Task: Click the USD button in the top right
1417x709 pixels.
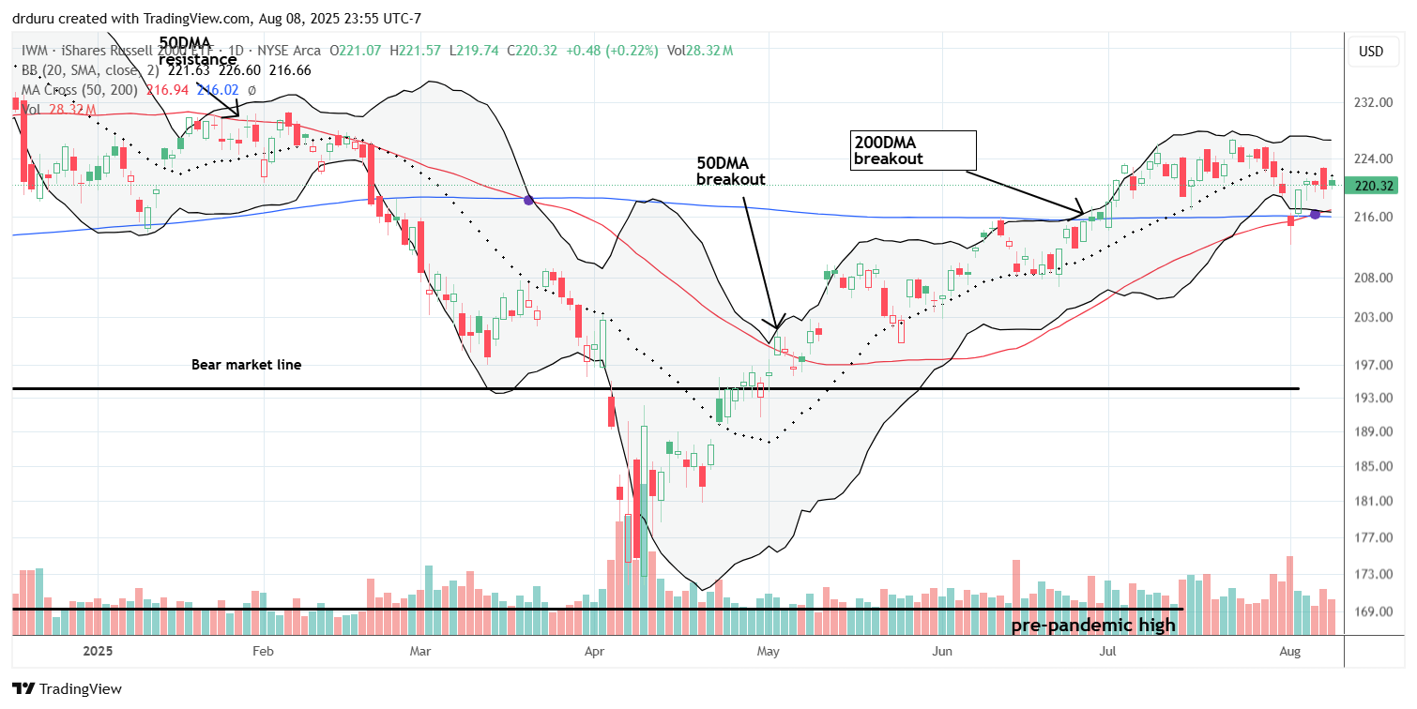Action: tap(1371, 52)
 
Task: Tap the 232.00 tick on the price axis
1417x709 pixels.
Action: tap(1371, 102)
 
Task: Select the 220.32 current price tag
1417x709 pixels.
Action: tap(1371, 186)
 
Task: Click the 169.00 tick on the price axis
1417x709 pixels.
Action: tap(1371, 611)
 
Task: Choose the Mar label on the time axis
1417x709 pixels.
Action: tap(420, 650)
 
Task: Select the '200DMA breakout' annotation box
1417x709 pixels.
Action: tap(911, 149)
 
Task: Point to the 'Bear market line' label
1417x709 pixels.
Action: tap(243, 364)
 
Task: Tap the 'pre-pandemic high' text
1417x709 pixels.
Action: tap(1093, 626)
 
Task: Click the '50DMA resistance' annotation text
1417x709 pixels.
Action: tap(197, 52)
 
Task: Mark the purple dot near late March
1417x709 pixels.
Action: tap(528, 200)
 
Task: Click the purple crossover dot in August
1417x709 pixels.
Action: tap(1315, 215)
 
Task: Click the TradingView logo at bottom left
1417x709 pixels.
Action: tap(67, 689)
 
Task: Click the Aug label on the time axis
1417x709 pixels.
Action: tap(1291, 650)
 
